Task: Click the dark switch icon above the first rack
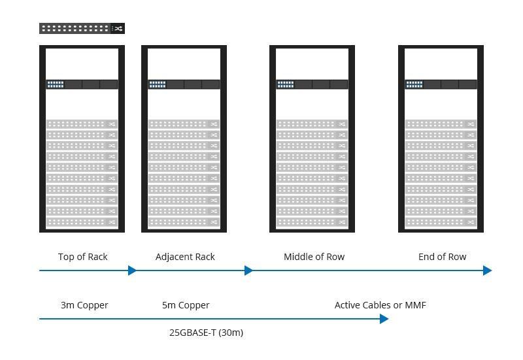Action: pos(82,28)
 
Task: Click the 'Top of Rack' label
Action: pos(82,257)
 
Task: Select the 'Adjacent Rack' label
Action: pos(185,257)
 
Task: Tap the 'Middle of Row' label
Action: pos(314,257)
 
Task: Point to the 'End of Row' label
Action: pos(442,257)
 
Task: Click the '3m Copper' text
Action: pos(84,305)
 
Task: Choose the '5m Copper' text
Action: pos(186,305)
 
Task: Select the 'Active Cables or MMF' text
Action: pos(380,305)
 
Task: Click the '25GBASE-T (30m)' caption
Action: pos(206,333)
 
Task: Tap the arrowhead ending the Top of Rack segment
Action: pos(133,270)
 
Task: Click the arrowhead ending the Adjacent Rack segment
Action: pos(248,270)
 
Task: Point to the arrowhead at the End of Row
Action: pos(488,270)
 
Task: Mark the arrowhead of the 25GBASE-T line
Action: pos(384,319)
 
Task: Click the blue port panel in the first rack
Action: pos(56,84)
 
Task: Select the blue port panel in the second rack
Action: pos(158,84)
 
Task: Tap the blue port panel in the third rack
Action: pos(286,84)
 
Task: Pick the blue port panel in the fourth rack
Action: pos(414,84)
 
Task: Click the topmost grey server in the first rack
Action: pos(82,124)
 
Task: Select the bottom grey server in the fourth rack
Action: pos(441,222)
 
